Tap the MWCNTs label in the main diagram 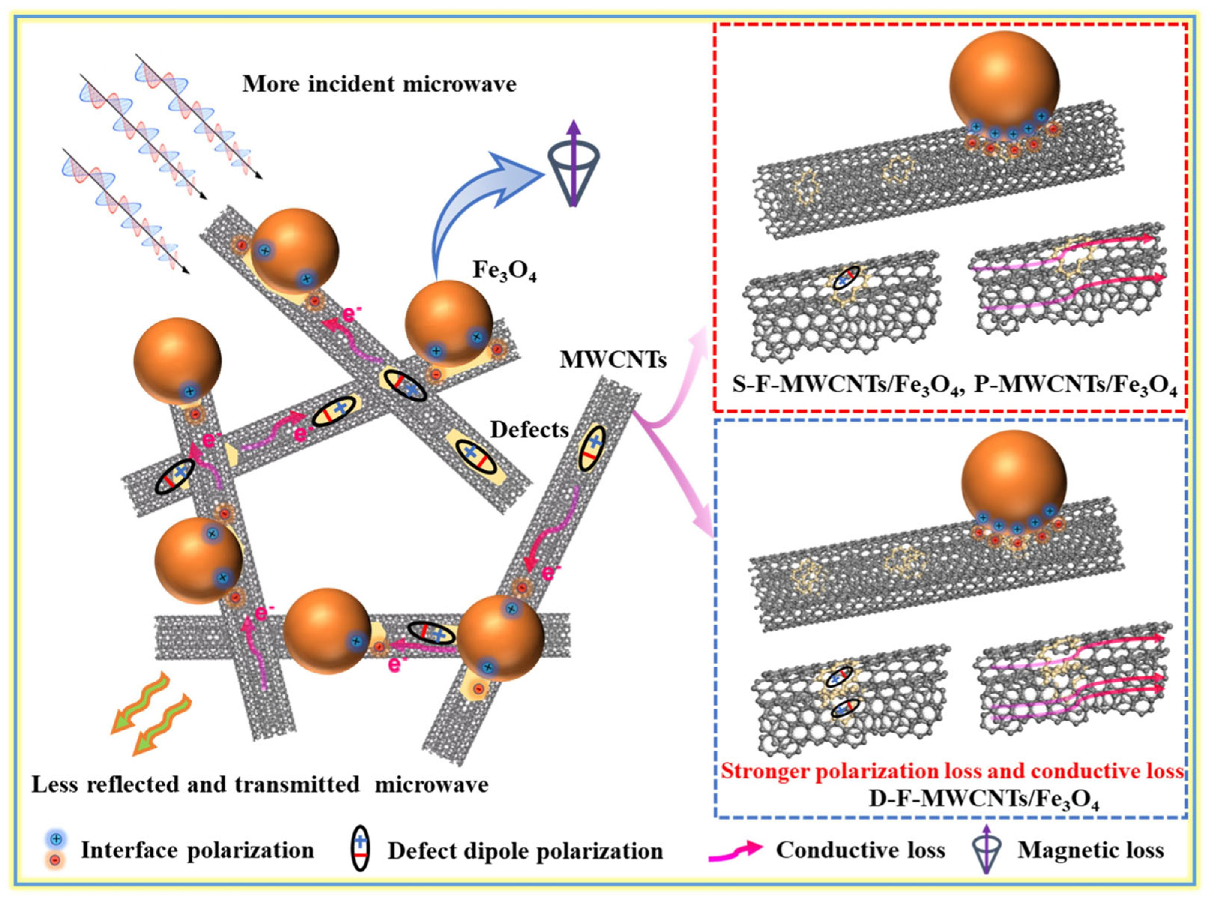tap(613, 360)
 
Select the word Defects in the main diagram tap(529, 430)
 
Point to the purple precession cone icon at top tap(573, 164)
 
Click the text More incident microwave tap(379, 84)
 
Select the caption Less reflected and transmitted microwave tap(260, 784)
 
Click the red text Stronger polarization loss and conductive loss tap(951, 771)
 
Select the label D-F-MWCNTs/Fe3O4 tap(984, 799)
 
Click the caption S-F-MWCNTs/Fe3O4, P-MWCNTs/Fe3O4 tap(954, 385)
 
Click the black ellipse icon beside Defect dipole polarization tap(360, 851)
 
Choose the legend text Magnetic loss tap(1091, 850)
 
